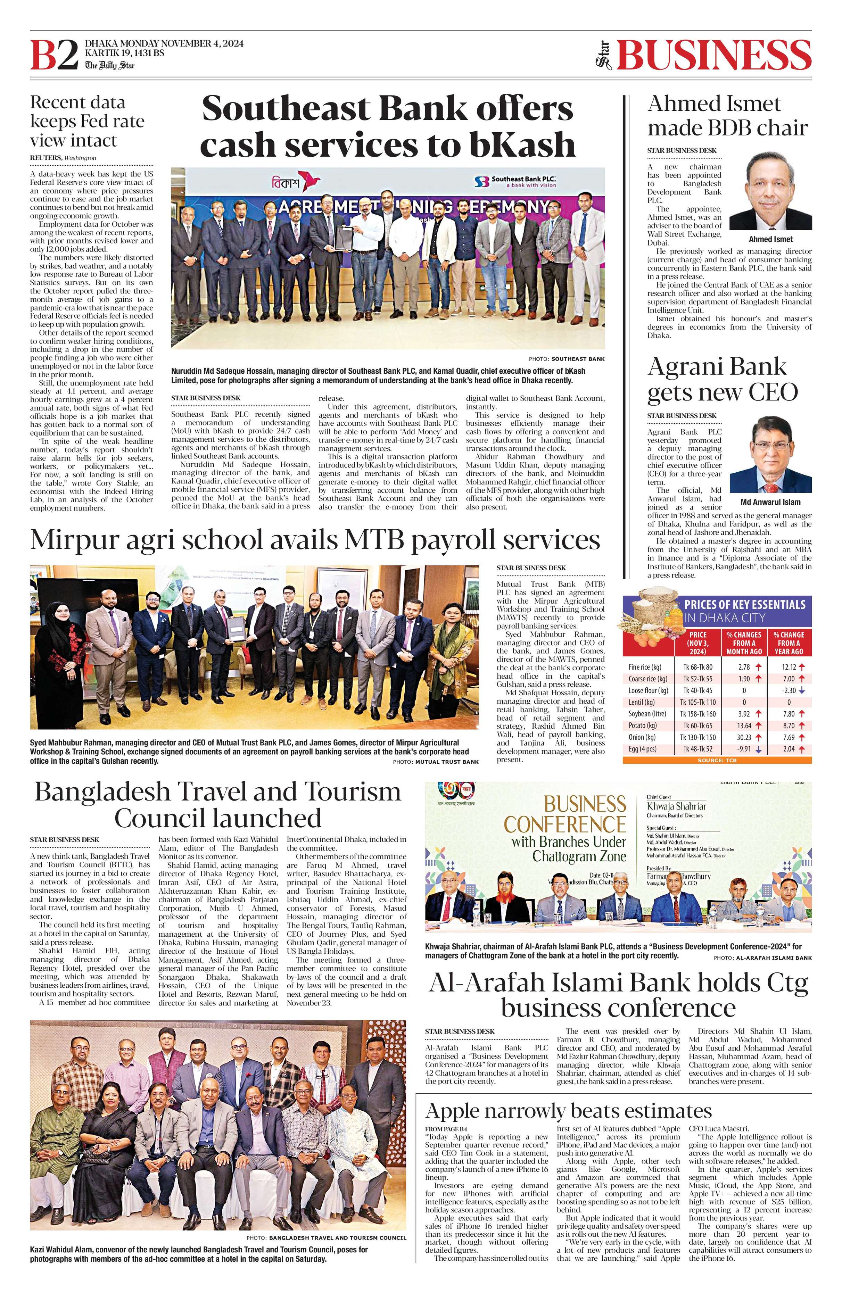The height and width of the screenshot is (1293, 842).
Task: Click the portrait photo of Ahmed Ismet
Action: coord(770,191)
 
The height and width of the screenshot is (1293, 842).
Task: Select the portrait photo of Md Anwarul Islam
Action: coord(770,454)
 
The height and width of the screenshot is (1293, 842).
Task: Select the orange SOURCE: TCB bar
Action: coord(717,761)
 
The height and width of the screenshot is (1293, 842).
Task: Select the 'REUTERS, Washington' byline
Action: coord(63,158)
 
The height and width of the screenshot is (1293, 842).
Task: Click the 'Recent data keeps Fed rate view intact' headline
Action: coord(87,121)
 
